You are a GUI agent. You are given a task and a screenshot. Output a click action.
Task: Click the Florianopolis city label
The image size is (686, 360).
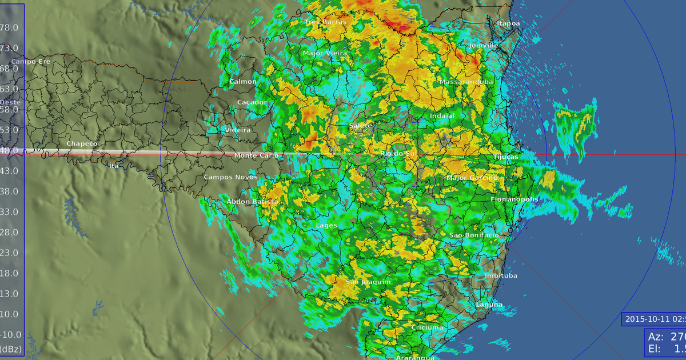(x=514, y=199)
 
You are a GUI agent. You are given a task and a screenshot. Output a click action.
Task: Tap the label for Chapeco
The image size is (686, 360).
(x=82, y=144)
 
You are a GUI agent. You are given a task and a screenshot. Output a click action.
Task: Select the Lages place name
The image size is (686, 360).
(x=326, y=226)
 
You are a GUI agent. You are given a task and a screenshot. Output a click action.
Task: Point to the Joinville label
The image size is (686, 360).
(x=484, y=45)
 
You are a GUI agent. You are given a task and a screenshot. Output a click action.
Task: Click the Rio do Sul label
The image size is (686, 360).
(x=399, y=154)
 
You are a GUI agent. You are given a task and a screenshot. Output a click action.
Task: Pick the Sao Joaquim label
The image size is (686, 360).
(x=368, y=282)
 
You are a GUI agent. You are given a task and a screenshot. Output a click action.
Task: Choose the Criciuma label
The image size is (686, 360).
(x=427, y=328)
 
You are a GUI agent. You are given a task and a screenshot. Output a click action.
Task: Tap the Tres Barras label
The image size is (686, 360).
(x=325, y=22)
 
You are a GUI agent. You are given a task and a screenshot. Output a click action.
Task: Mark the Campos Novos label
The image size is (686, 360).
(x=226, y=177)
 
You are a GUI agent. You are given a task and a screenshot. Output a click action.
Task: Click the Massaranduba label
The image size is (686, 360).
(x=466, y=82)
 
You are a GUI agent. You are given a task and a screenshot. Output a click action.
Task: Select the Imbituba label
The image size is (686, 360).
(x=501, y=276)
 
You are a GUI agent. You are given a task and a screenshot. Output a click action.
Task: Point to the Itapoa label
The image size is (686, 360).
(x=509, y=23)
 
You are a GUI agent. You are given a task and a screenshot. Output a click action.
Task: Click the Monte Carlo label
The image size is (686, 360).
(x=257, y=155)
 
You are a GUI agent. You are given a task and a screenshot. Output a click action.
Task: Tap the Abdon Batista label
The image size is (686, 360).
(x=252, y=202)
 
